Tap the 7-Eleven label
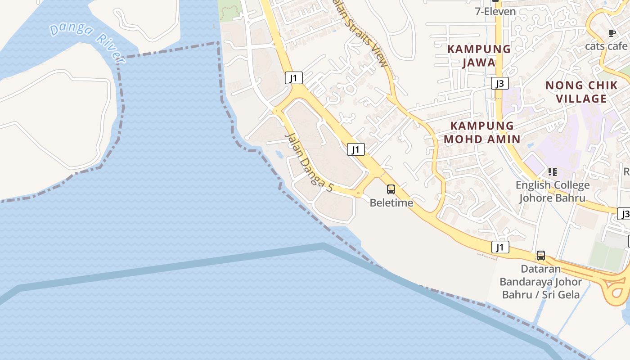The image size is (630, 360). tap(495, 12)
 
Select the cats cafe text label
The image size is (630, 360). tap(606, 46)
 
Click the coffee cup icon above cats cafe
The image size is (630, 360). tap(612, 33)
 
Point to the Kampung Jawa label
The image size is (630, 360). tap(479, 55)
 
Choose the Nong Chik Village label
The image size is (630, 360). tap(581, 92)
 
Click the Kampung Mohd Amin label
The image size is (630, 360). tap(482, 132)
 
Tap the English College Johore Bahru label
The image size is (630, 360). tap(552, 191)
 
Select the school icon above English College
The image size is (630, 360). tap(552, 171)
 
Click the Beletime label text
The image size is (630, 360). tap(391, 203)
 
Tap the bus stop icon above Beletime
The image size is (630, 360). tap(391, 189)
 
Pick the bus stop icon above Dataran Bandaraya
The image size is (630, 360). tap(541, 256)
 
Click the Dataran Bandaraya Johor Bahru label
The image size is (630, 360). tap(541, 282)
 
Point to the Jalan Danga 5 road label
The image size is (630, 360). tap(309, 162)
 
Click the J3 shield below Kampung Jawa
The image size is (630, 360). tap(499, 83)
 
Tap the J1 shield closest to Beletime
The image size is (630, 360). tap(355, 149)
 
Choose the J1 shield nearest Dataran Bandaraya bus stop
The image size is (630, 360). tap(500, 247)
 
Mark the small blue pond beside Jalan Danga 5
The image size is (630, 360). tap(279, 154)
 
